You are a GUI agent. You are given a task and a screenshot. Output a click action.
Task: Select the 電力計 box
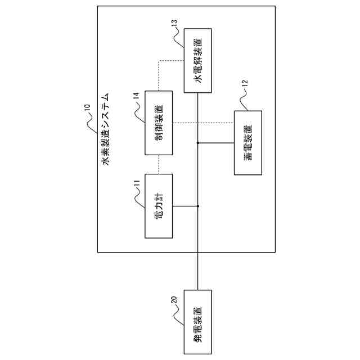[x=159, y=206]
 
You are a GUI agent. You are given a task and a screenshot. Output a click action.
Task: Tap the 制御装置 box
[x=159, y=123]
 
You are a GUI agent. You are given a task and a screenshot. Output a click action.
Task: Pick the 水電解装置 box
[x=197, y=60]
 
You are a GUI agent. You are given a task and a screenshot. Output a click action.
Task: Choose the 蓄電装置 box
[x=247, y=142]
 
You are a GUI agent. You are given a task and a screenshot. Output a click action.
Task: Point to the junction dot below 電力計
[x=197, y=206]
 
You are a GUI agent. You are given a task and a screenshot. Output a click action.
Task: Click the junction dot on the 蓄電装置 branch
[x=197, y=142]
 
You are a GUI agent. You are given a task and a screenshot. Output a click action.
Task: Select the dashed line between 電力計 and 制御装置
[x=159, y=164]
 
